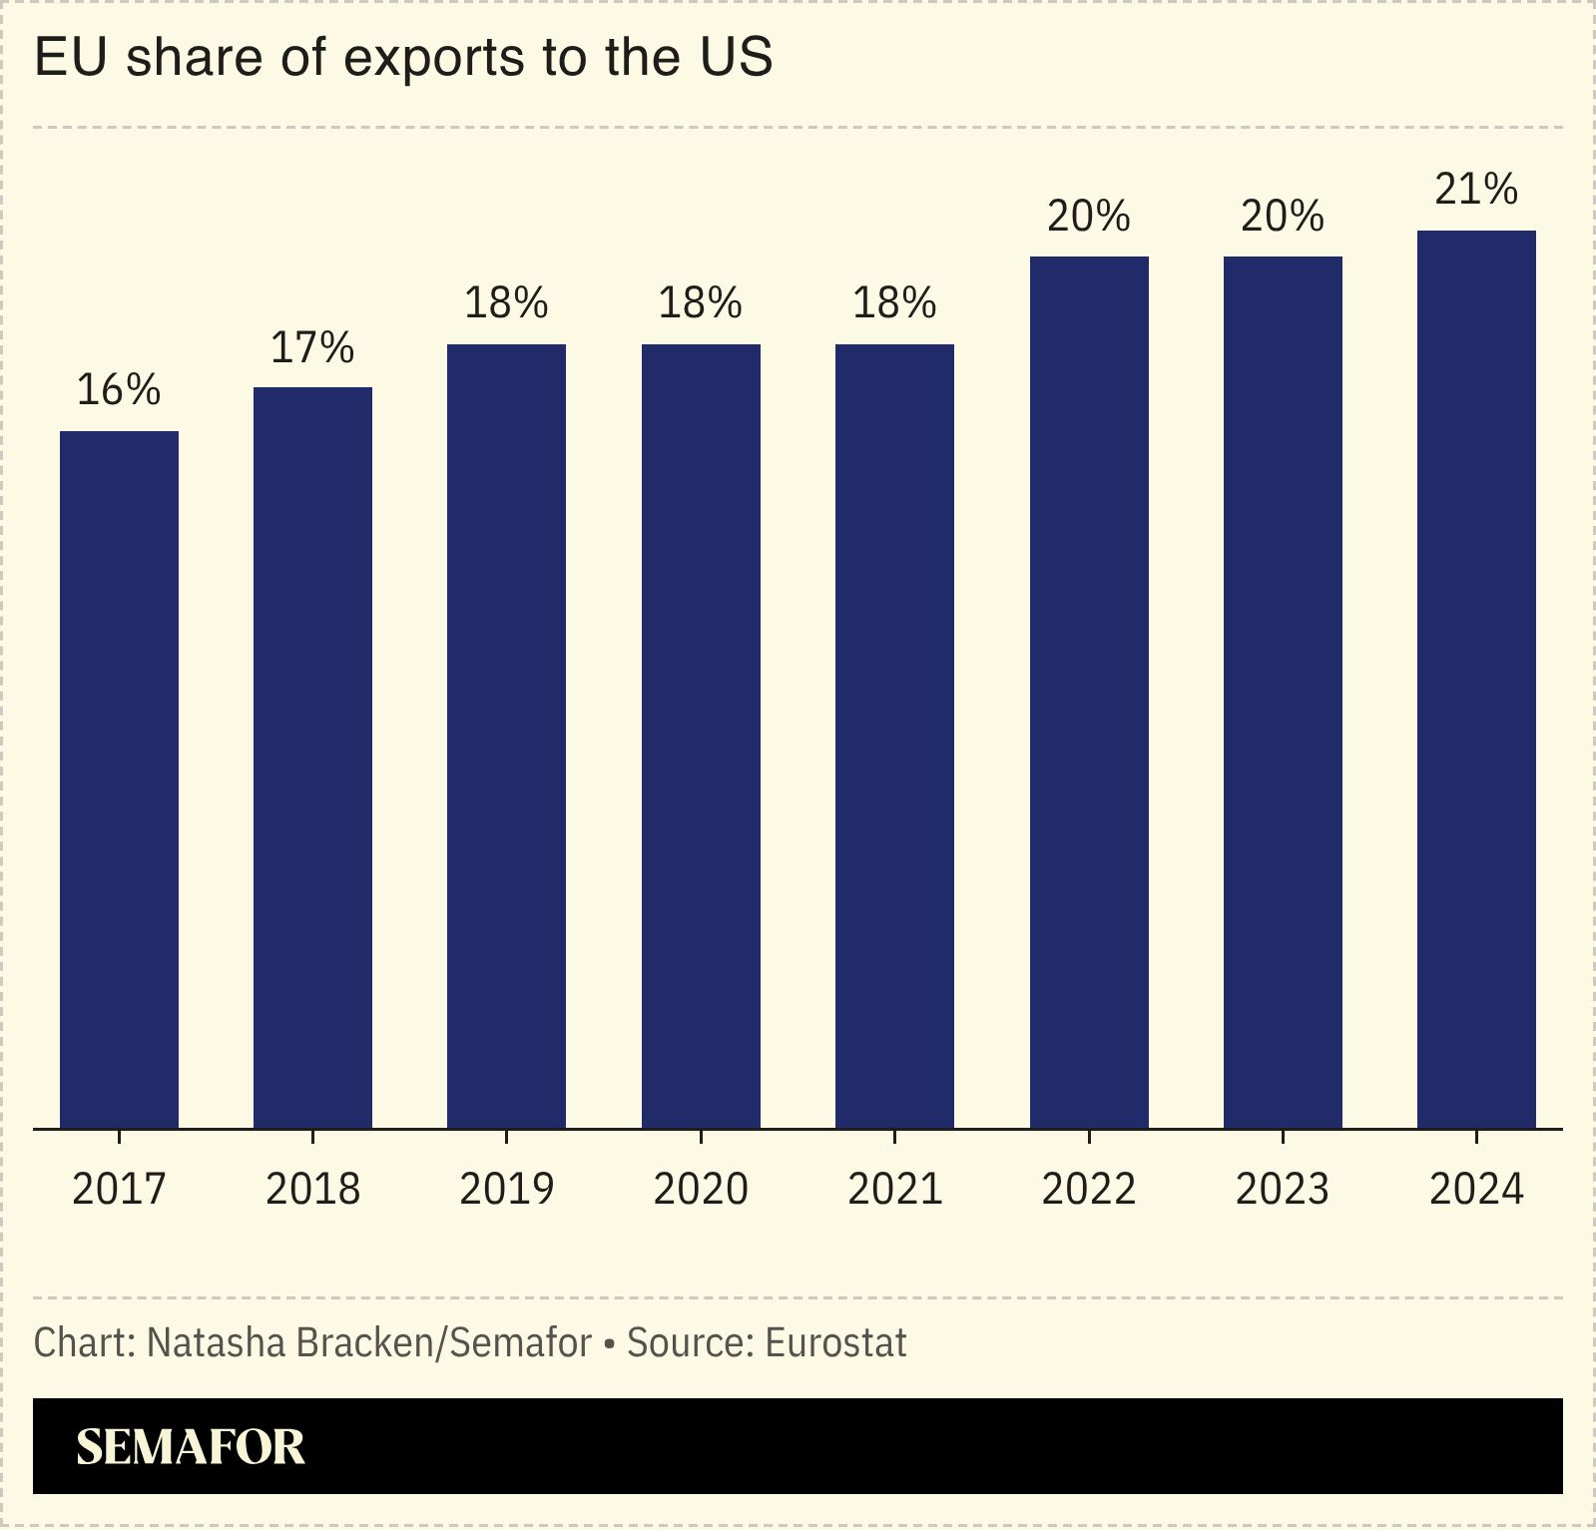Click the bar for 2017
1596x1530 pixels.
pos(119,778)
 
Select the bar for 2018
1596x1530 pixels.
pos(312,759)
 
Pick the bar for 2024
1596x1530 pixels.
pos(1476,679)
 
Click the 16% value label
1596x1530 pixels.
pos(119,390)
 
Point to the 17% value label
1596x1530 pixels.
pos(312,347)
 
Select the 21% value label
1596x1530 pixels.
pos(1476,189)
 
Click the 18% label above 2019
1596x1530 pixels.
pos(506,302)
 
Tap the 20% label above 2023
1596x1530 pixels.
pos(1283,216)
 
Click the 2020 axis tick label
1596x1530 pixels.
pos(701,1189)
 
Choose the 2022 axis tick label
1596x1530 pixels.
pos(1089,1189)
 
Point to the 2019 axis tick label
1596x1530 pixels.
pos(506,1189)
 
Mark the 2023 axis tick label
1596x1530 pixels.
pos(1283,1189)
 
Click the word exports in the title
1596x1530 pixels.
pos(433,58)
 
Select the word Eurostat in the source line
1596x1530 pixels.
pos(835,1343)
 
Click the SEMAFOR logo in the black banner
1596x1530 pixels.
pos(190,1447)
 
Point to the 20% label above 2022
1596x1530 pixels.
pos(1089,216)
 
